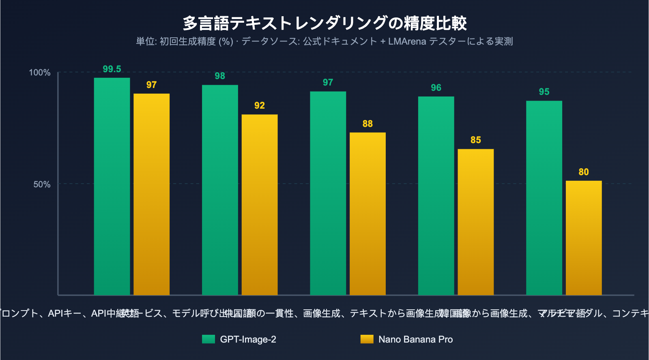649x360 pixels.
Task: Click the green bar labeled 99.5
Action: [x=112, y=186]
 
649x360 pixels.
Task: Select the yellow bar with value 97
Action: [x=151, y=195]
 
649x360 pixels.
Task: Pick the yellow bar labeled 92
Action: [x=260, y=205]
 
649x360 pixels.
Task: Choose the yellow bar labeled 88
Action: [x=367, y=214]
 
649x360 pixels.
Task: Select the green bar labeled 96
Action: [x=436, y=195]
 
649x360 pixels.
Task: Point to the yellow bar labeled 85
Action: [x=476, y=222]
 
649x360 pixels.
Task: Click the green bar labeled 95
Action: [x=544, y=198]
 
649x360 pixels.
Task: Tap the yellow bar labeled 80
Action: [x=584, y=238]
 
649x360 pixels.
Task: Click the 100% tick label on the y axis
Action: [x=39, y=73]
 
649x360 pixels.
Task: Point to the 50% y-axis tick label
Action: [x=41, y=184]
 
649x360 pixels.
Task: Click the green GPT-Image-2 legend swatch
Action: [x=208, y=339]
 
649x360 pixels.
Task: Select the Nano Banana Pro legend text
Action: [x=415, y=339]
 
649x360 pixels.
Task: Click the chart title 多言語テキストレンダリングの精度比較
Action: [x=324, y=23]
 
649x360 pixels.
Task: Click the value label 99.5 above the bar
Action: [x=112, y=69]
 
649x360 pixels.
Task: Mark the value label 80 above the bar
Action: [x=584, y=172]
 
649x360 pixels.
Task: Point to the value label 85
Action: [x=476, y=140]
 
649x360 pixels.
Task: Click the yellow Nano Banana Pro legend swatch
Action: [x=367, y=339]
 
